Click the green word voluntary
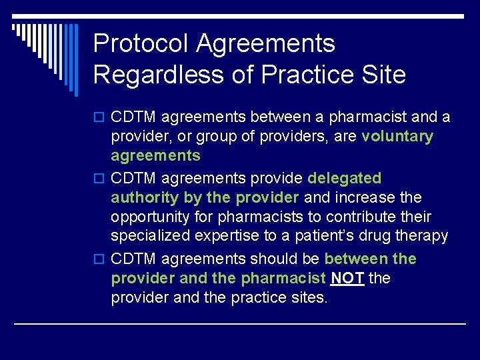pos(397,137)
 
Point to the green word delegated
pos(344,178)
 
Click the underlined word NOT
pos(347,278)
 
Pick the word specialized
pos(149,237)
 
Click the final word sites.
pos(309,297)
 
